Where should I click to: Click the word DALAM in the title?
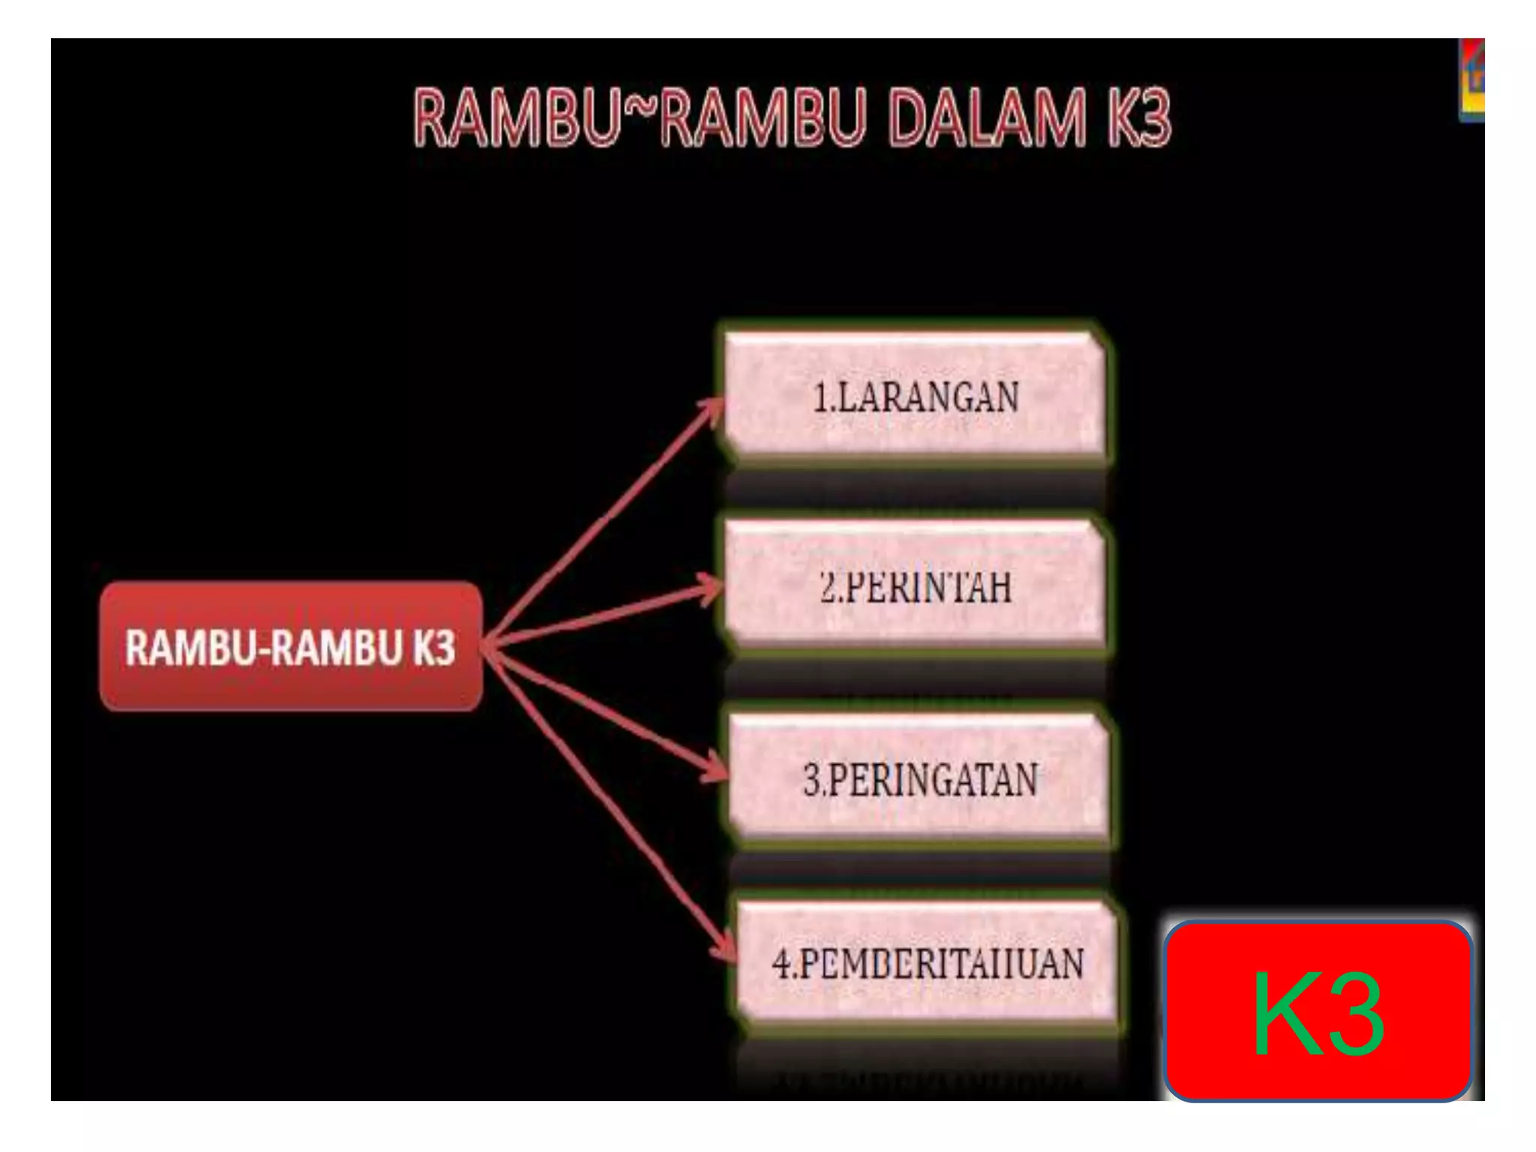(985, 118)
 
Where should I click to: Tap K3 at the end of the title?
(1138, 118)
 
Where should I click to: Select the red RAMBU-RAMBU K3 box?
(291, 646)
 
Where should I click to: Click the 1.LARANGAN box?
(915, 396)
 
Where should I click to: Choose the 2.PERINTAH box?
(915, 586)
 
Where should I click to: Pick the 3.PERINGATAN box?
(919, 778)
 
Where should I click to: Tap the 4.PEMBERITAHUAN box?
(927, 963)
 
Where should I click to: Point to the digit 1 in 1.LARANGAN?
(820, 397)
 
